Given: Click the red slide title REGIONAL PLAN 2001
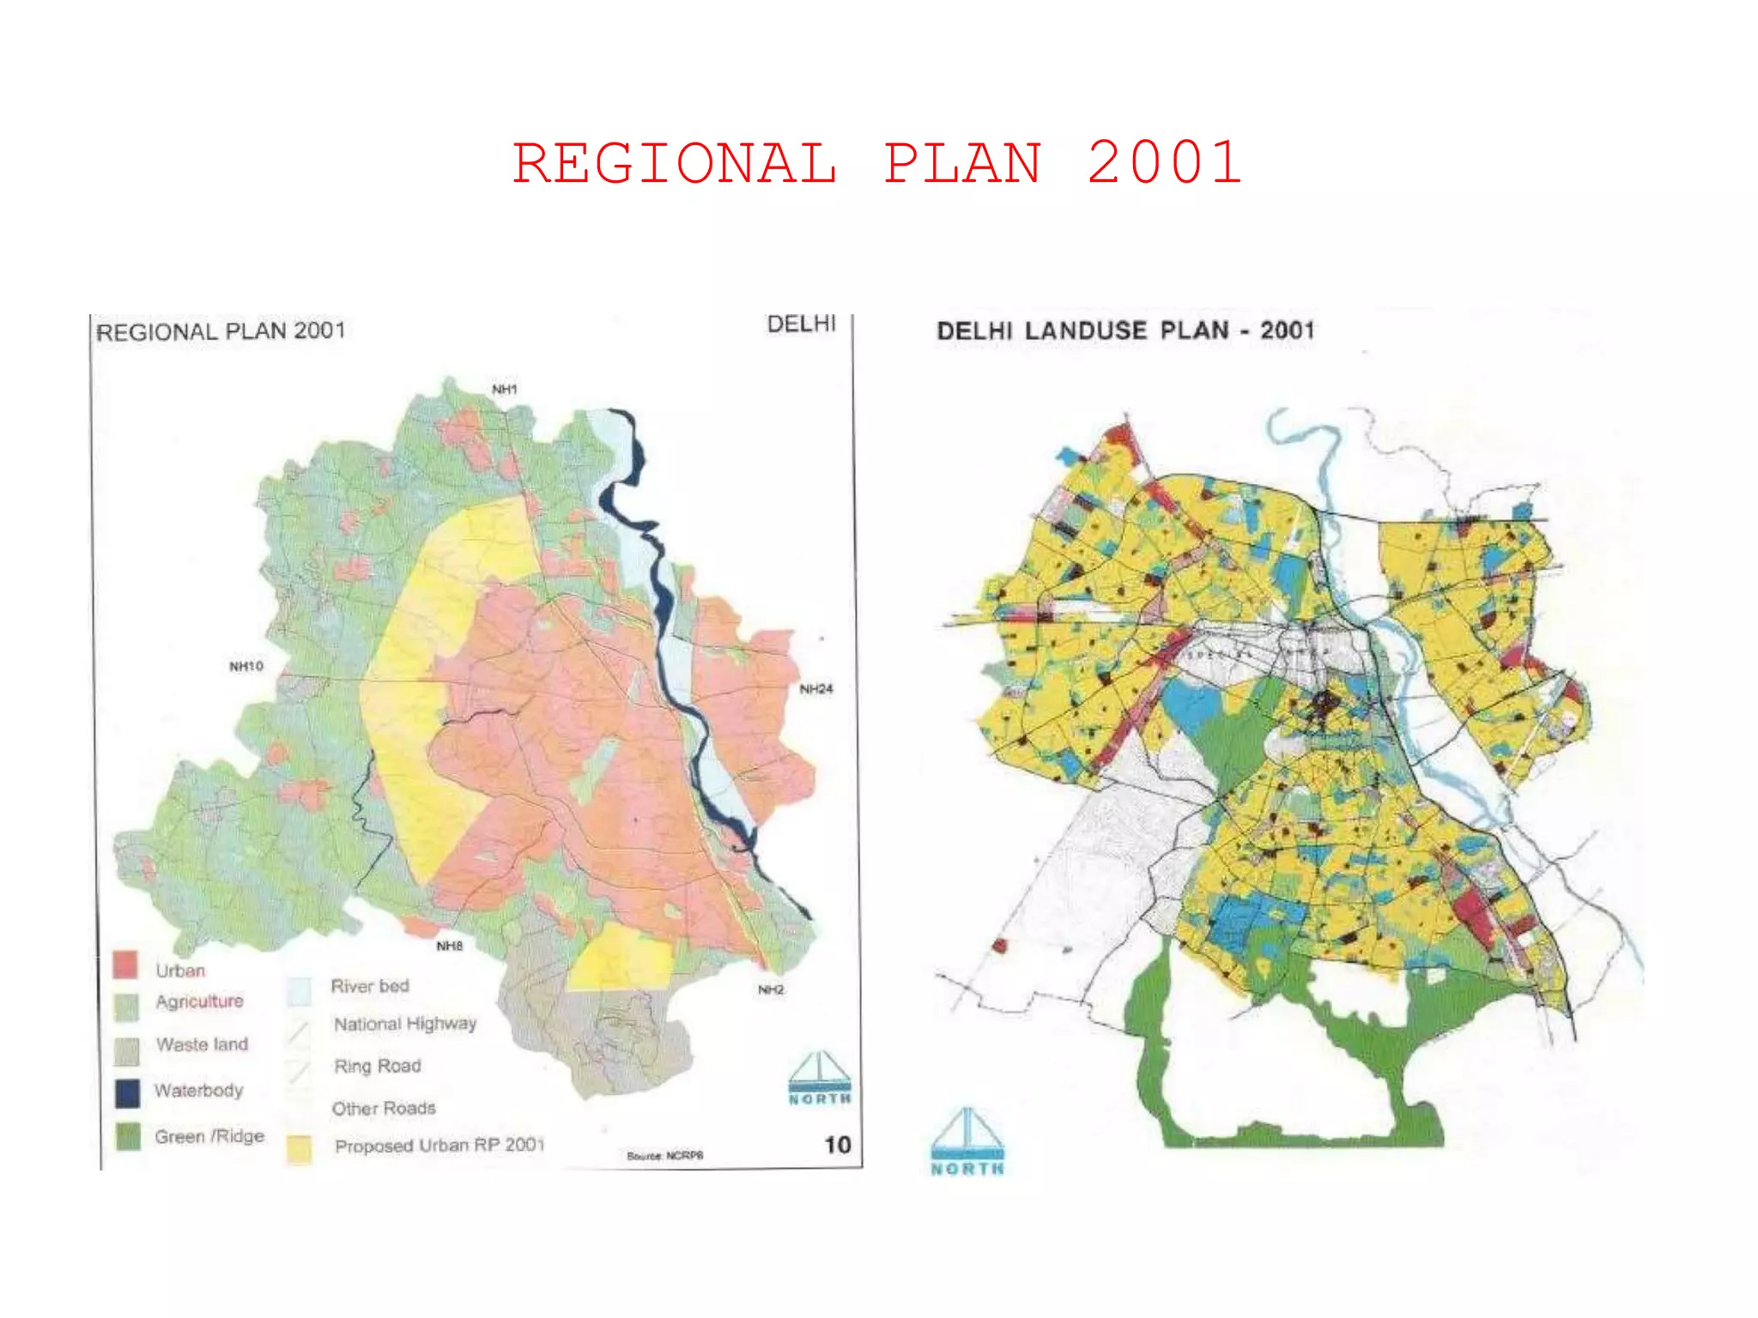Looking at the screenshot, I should pos(877,163).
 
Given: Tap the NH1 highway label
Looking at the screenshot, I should pos(505,390).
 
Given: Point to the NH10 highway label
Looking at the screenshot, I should pos(246,666).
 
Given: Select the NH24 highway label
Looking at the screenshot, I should pos(815,689).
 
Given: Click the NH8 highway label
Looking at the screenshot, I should pos(450,946).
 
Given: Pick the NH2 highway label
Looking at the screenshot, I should pos(770,989).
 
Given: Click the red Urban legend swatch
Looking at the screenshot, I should pos(126,965).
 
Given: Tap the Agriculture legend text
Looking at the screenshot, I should pos(199,1001).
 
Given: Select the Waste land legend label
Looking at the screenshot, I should pos(202,1044).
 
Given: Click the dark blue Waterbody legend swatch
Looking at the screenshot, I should pos(127,1092).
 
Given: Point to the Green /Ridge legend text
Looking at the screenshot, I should pos(209,1136).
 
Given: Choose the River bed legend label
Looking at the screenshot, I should pos(370,986).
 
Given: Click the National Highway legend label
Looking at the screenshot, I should pos(404,1024).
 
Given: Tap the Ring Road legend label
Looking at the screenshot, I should pos(378,1066).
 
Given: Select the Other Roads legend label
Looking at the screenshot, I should pos(384,1108).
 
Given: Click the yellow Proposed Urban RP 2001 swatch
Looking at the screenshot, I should pos(299,1148).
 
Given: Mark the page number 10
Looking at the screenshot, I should pos(837,1145).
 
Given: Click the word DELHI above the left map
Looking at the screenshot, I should pos(801,324).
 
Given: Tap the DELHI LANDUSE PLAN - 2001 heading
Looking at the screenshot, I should pos(1125,331).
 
